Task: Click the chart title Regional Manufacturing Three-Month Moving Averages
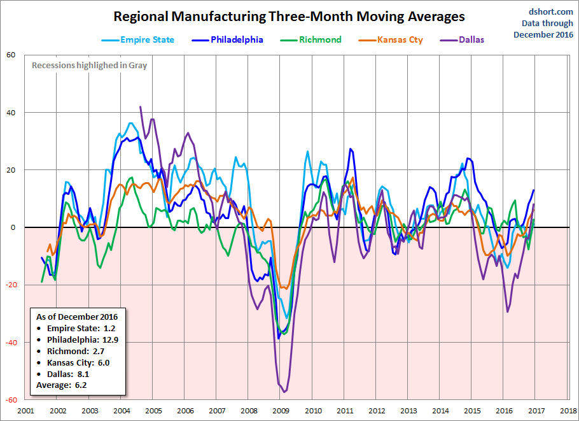[x=289, y=17]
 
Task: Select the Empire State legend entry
[x=138, y=39]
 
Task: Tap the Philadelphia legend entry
[x=228, y=39]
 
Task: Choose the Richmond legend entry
[x=311, y=39]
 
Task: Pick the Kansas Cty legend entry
[x=391, y=39]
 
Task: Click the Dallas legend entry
[x=462, y=39]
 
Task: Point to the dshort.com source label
[x=550, y=12]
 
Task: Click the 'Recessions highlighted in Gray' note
[x=89, y=66]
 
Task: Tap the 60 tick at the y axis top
[x=11, y=55]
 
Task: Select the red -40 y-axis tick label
[x=10, y=342]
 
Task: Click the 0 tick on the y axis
[x=13, y=227]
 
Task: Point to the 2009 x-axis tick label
[x=281, y=410]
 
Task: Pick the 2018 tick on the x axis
[x=568, y=410]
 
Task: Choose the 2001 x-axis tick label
[x=26, y=410]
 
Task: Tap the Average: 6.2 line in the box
[x=61, y=385]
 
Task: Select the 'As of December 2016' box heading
[x=77, y=317]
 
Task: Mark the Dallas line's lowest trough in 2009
[x=284, y=392]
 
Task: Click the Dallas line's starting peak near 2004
[x=141, y=107]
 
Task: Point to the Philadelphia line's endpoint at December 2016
[x=534, y=190]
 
